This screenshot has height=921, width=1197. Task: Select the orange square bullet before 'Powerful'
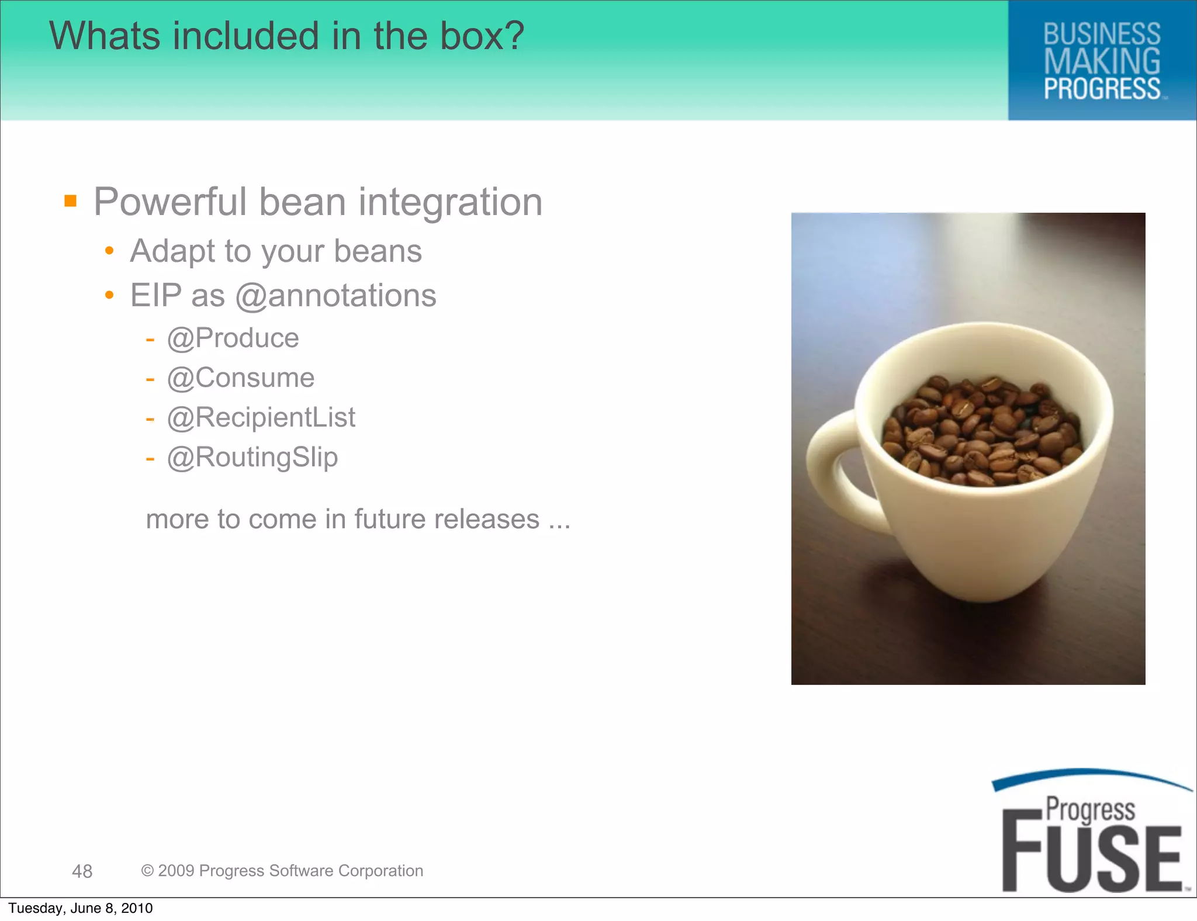(71, 201)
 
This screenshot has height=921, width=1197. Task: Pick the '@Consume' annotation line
(240, 378)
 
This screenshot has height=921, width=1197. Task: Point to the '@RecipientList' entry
(261, 418)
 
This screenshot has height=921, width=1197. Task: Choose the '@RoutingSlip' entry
(252, 458)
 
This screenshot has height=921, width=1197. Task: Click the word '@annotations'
(335, 296)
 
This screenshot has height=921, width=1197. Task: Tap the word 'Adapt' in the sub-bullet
(172, 252)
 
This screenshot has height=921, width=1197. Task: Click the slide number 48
(82, 871)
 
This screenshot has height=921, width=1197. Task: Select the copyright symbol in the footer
(147, 871)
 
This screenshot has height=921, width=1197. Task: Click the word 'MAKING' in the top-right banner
(1102, 62)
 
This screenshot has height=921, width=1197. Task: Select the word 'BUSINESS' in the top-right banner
(1102, 34)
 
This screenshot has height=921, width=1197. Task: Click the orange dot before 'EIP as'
(109, 295)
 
